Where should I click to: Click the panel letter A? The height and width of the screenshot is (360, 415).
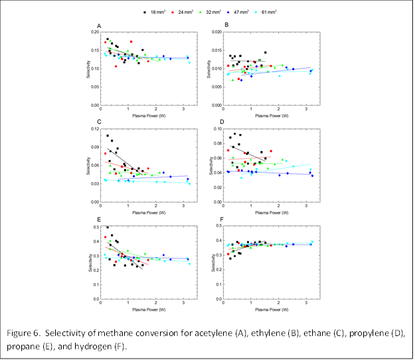pyautogui.click(x=99, y=26)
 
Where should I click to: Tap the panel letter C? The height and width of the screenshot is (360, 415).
pyautogui.click(x=99, y=122)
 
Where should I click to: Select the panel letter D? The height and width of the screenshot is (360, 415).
pyautogui.click(x=226, y=122)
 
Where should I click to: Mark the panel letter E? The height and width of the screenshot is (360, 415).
pyautogui.click(x=99, y=219)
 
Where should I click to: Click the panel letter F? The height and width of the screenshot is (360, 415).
pyautogui.click(x=226, y=219)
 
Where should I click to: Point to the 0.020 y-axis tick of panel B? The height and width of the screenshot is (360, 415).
pyautogui.click(x=216, y=32)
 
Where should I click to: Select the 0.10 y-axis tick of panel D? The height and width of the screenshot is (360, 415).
pyautogui.click(x=218, y=128)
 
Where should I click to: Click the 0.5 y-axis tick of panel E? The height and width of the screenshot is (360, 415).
pyautogui.click(x=94, y=226)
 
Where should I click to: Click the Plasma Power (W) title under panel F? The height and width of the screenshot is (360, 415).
pyautogui.click(x=269, y=310)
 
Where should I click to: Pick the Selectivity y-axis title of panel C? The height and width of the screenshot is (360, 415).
pyautogui.click(x=87, y=165)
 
